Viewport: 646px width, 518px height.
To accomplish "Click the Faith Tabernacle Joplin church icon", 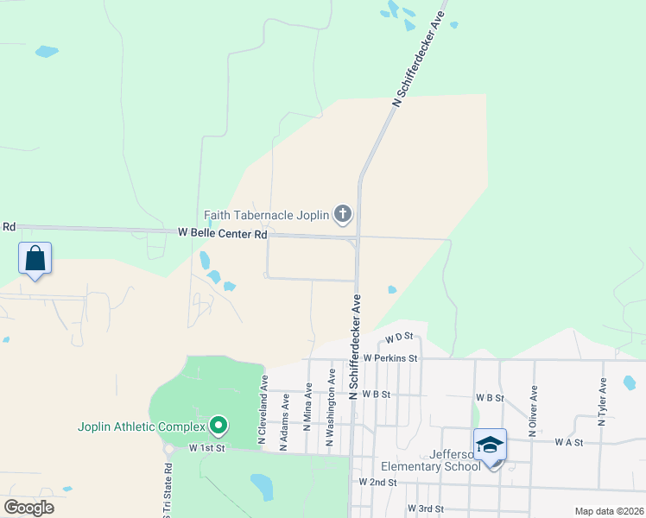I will (x=343, y=215).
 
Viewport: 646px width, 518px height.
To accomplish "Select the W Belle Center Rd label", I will (x=222, y=233).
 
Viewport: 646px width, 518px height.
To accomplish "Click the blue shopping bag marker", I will (x=35, y=258).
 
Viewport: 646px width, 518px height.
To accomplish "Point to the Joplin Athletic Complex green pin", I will (x=218, y=426).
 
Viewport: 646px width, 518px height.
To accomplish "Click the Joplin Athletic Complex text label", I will (x=142, y=426).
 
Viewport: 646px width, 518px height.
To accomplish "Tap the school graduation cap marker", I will (x=490, y=445).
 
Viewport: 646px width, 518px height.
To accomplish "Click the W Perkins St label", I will (x=390, y=357).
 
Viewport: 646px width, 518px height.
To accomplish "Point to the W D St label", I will (x=400, y=338).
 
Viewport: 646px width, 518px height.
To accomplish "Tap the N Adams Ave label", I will (x=285, y=421).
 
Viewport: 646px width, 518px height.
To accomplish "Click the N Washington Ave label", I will (x=330, y=408).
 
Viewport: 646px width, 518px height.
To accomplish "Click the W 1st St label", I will (x=207, y=449).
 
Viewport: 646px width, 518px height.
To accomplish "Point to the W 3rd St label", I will (x=425, y=509).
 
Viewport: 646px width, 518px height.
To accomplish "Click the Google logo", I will (x=28, y=508).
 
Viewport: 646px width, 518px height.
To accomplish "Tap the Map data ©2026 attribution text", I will (x=609, y=511).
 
